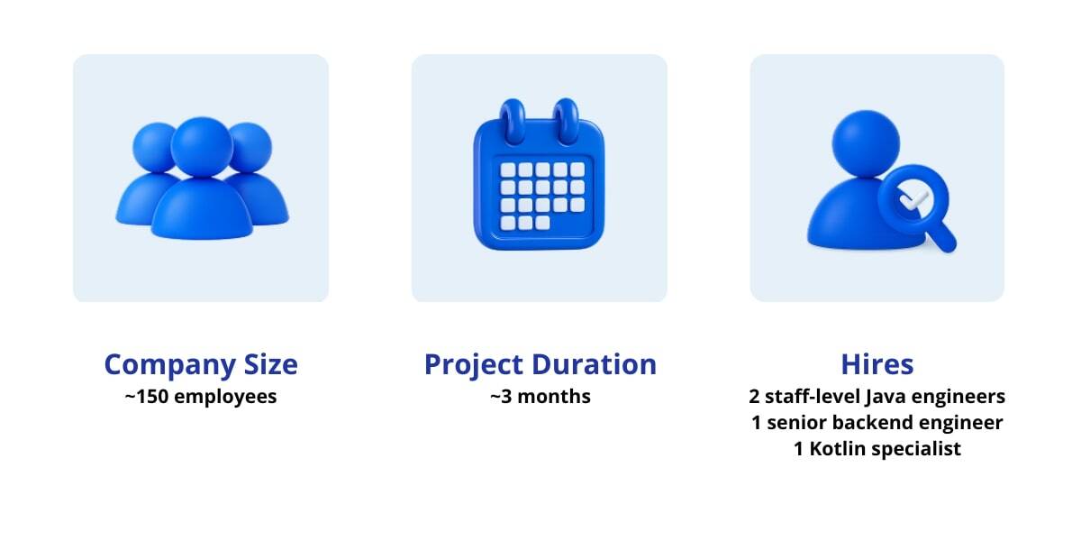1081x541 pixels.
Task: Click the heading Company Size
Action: [x=200, y=364]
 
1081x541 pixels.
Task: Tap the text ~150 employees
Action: [x=200, y=397]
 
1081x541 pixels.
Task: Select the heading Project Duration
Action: [x=540, y=364]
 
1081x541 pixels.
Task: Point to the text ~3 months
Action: [x=540, y=397]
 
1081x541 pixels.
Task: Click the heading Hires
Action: [x=877, y=364]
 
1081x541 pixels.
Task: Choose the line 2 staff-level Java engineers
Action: [x=877, y=397]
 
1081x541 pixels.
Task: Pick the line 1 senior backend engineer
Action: [x=877, y=423]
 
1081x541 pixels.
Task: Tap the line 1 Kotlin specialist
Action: [x=877, y=449]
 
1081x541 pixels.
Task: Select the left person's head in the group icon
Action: [x=155, y=146]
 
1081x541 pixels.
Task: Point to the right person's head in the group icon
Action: [x=248, y=146]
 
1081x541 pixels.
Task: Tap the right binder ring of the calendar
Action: [x=567, y=117]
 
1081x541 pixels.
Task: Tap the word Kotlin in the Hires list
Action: [x=838, y=449]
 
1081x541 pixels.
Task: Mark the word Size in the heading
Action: [x=268, y=364]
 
